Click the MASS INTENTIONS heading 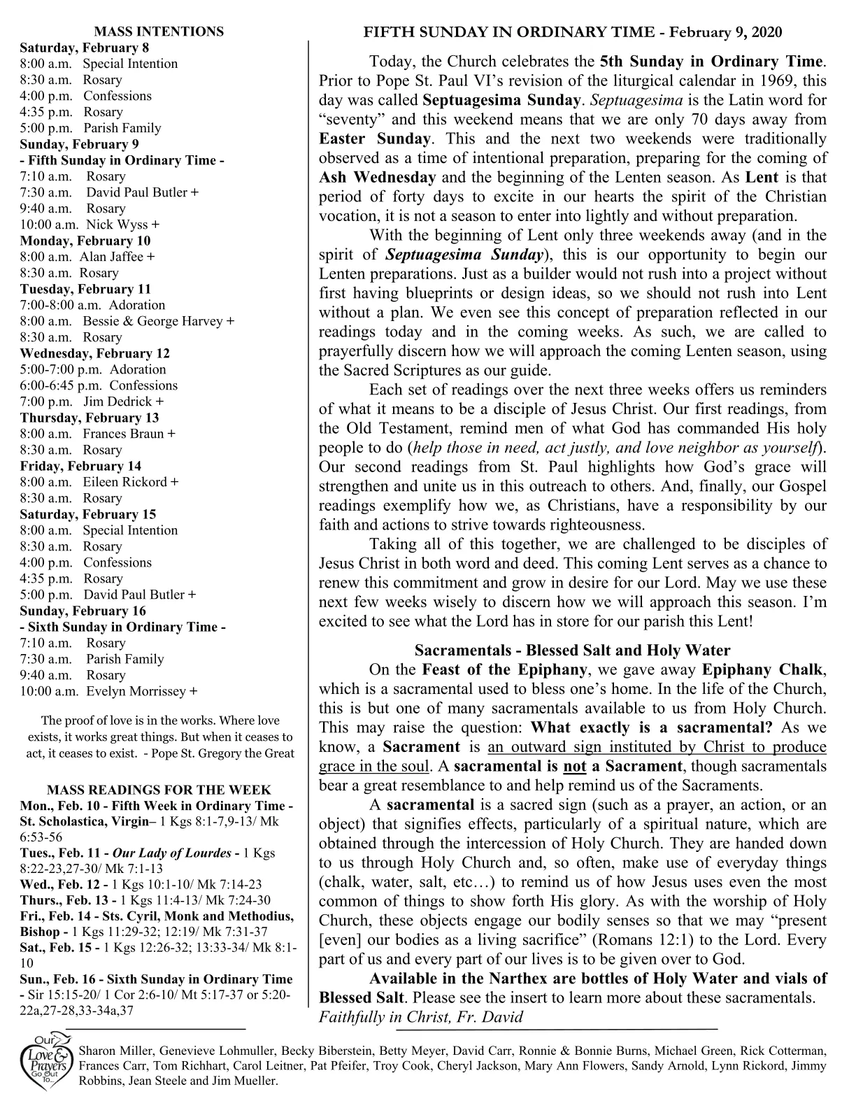point(159,31)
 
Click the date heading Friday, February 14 point(80,466)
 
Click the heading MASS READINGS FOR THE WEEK point(159,790)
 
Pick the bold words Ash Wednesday point(378,177)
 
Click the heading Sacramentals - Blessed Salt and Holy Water point(572,651)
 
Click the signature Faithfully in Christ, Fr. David point(420,1017)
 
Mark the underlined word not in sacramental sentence point(574,766)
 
